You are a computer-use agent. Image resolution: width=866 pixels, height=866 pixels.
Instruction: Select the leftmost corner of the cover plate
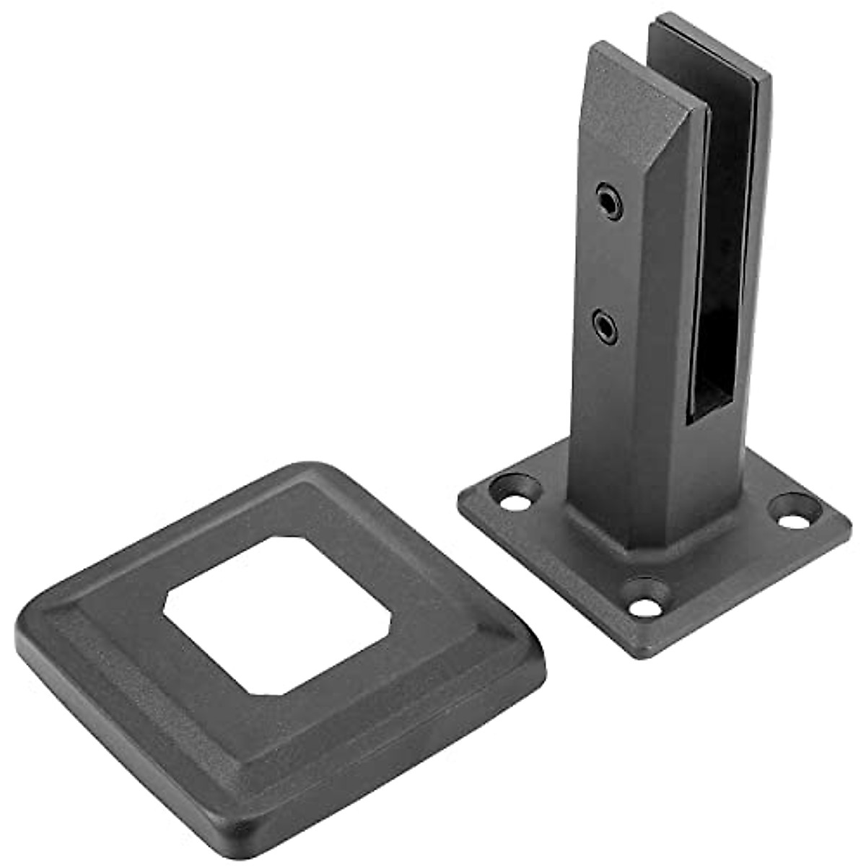click(x=25, y=635)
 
